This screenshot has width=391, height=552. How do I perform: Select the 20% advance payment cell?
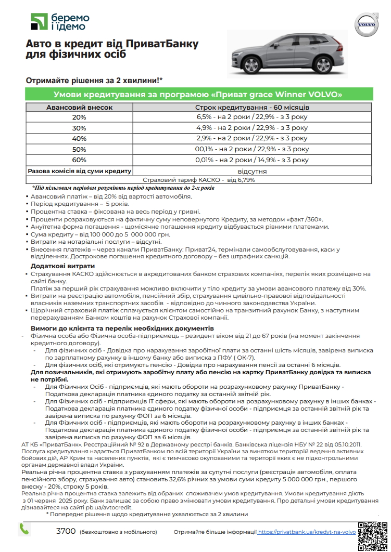click(x=79, y=117)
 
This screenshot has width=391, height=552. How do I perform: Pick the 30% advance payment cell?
click(x=79, y=128)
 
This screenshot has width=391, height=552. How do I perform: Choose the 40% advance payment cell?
click(x=79, y=138)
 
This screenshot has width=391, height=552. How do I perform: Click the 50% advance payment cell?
click(x=79, y=149)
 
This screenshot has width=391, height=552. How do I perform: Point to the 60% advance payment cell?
click(x=79, y=160)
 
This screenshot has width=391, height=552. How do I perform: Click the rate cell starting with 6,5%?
click(x=252, y=117)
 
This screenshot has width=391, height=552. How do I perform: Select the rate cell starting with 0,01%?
click(x=252, y=160)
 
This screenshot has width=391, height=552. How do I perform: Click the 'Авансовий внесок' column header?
click(x=79, y=107)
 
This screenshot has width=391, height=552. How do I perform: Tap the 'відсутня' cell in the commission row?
click(x=252, y=170)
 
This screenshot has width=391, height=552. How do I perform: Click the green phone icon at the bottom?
click(x=24, y=529)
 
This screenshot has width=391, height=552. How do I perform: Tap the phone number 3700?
click(x=66, y=531)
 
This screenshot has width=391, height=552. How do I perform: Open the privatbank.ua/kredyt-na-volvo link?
click(x=307, y=532)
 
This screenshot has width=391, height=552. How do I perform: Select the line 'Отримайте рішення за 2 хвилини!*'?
click(x=94, y=81)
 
